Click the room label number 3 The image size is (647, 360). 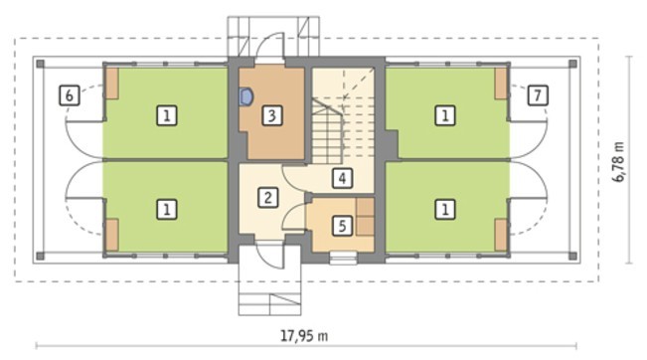pyautogui.click(x=272, y=115)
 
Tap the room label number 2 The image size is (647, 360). pyautogui.click(x=267, y=197)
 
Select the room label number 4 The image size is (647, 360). pyautogui.click(x=342, y=178)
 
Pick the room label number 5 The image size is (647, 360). pyautogui.click(x=342, y=226)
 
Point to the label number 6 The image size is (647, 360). pyautogui.click(x=70, y=95)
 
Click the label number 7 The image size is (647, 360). pyautogui.click(x=538, y=95)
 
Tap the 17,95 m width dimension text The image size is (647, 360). pyautogui.click(x=304, y=336)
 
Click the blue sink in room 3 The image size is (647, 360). pyautogui.click(x=245, y=97)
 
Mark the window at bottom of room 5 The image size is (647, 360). pyautogui.click(x=343, y=258)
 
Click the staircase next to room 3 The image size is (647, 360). pyautogui.click(x=328, y=130)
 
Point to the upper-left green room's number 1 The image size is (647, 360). pyautogui.click(x=167, y=115)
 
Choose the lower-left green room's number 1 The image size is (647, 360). pyautogui.click(x=167, y=209)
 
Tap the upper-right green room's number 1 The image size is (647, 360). pyautogui.click(x=445, y=115)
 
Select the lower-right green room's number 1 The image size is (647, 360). pyautogui.click(x=445, y=209)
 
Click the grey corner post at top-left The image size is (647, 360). pyautogui.click(x=40, y=64)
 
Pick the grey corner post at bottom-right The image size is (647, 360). pyautogui.click(x=572, y=256)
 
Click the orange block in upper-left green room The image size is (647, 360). pyautogui.click(x=111, y=84)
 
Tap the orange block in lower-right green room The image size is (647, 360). pyautogui.click(x=501, y=235)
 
